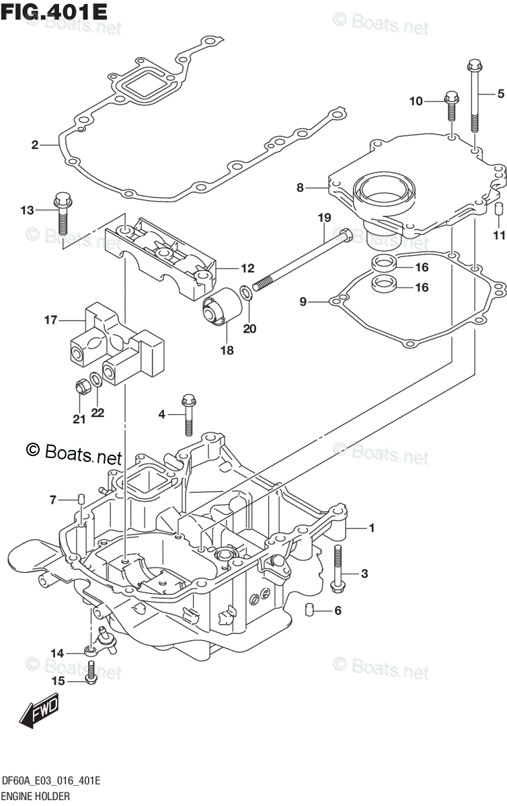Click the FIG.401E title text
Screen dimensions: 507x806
54,12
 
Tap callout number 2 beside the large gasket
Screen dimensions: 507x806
34,145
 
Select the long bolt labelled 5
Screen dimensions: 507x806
474,97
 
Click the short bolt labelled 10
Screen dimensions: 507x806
451,107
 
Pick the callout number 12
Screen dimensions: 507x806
247,268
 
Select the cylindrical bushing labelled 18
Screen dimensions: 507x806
222,307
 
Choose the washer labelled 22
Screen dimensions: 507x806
95,379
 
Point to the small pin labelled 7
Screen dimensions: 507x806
81,500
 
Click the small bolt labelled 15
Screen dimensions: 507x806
91,672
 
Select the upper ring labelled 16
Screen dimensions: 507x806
384,263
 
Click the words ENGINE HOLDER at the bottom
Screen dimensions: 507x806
36,796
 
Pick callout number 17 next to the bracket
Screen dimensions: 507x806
51,320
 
